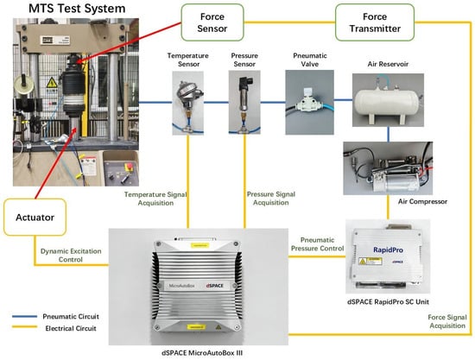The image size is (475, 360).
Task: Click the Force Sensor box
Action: coord(212,22)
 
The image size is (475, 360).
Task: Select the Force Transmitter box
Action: coord(375,22)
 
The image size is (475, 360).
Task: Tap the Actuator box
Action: coord(35,217)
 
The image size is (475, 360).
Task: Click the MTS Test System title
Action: coord(77,8)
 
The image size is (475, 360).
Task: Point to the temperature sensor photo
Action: coord(187,103)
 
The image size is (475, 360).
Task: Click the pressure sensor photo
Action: coord(244,103)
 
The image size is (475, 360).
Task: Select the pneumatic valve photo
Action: coord(309,103)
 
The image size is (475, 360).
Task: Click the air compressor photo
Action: coord(388,168)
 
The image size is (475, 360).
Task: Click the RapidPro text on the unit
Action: coord(388,250)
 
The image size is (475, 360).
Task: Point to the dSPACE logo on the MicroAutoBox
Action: coord(214,286)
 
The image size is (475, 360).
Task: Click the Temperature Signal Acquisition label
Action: coord(155,199)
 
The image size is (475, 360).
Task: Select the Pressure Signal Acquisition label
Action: coord(271,199)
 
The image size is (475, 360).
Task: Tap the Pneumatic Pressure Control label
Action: coord(317,244)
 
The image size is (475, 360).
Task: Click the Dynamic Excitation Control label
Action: coord(71,256)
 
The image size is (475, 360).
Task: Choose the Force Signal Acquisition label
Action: coord(447,321)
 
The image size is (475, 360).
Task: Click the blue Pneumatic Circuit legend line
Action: coord(24,317)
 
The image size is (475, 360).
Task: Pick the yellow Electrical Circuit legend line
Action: coord(24,327)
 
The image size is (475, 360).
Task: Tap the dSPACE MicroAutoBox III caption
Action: coord(202,353)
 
